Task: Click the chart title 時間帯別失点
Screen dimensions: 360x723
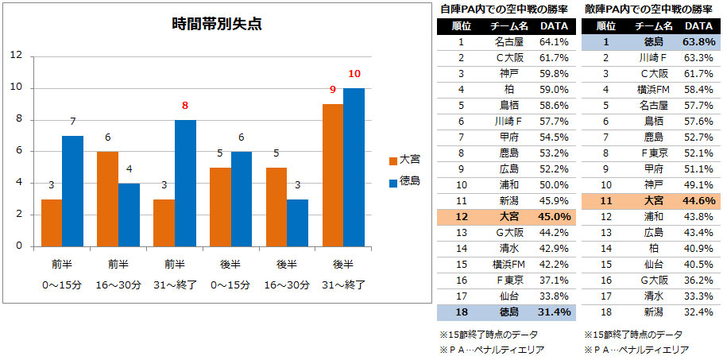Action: click(217, 25)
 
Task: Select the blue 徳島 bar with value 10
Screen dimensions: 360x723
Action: click(354, 167)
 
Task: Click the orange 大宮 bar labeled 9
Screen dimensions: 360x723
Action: click(332, 175)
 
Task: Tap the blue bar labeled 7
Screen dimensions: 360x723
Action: click(72, 191)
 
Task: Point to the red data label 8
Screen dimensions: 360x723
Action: click(184, 105)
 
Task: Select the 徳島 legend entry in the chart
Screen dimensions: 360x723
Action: click(404, 181)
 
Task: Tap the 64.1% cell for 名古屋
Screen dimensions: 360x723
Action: click(553, 41)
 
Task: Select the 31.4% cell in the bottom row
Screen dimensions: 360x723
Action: click(553, 312)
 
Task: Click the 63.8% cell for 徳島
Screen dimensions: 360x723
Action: click(698, 41)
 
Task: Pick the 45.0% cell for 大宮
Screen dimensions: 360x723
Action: click(553, 216)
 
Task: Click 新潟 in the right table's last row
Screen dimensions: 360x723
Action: click(652, 312)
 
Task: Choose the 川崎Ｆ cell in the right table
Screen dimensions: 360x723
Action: click(652, 57)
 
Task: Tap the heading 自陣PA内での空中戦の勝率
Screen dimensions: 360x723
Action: click(505, 9)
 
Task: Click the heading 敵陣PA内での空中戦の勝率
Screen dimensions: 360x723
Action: click(649, 9)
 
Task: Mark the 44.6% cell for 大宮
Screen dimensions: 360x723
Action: click(698, 200)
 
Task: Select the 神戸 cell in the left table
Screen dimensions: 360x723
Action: click(508, 73)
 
